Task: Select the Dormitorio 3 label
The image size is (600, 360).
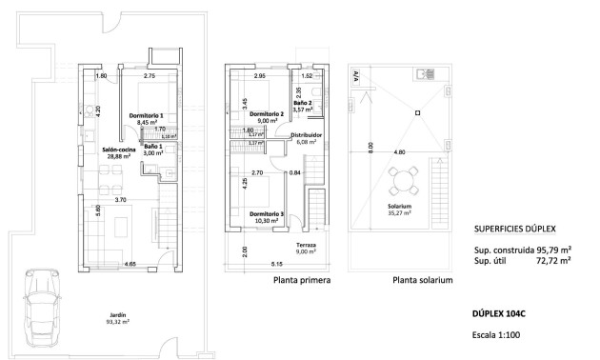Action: click(267, 218)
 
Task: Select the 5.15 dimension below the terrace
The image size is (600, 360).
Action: click(276, 263)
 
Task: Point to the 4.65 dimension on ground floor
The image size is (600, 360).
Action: click(130, 263)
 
